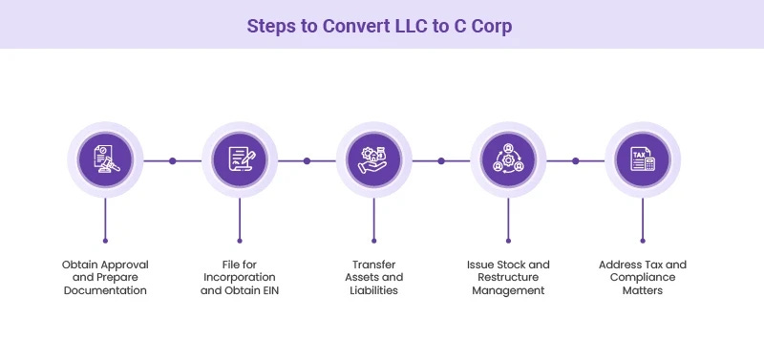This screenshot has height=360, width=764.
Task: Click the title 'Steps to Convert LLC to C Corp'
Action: tap(380, 25)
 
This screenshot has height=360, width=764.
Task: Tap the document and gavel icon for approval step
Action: tap(105, 160)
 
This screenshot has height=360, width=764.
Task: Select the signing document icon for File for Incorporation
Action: tap(239, 160)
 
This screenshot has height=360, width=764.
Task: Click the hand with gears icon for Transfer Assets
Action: tap(373, 160)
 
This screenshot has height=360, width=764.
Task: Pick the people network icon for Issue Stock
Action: tap(507, 160)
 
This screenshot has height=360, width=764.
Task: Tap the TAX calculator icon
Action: tap(642, 160)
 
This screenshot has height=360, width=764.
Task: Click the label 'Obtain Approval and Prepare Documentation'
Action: tap(105, 277)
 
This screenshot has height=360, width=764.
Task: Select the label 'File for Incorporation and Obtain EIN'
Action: tap(239, 277)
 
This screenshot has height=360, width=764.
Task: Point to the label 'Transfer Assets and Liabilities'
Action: tap(373, 277)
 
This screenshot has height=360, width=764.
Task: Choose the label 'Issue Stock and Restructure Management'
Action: tap(507, 277)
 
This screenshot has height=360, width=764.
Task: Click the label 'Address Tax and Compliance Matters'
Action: tap(642, 277)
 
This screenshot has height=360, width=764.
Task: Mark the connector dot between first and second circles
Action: tap(172, 160)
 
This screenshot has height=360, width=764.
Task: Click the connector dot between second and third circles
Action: tap(307, 160)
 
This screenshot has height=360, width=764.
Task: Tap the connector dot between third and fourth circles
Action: tap(440, 160)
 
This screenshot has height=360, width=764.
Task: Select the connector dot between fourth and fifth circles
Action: tap(575, 160)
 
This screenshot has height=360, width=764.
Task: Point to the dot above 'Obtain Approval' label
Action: tap(105, 241)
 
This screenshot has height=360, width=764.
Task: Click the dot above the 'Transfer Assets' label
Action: tap(373, 241)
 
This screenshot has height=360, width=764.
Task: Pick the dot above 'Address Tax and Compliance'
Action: tap(642, 241)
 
